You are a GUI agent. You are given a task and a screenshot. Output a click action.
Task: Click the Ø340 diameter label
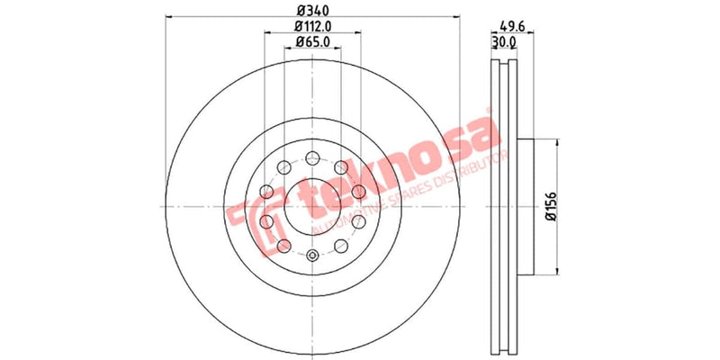coord(312,10)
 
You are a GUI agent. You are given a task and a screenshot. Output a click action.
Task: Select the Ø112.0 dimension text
coord(312,27)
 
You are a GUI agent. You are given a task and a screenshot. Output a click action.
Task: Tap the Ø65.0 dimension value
coord(312,42)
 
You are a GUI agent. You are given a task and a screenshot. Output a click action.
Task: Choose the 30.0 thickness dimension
coord(503,42)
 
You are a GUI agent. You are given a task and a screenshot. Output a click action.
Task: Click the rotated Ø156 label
coord(551,206)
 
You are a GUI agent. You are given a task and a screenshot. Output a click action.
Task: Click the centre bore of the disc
coord(312,206)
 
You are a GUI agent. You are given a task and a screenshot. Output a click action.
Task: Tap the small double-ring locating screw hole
coord(312,256)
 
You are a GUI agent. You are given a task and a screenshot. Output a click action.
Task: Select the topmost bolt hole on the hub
coord(312,156)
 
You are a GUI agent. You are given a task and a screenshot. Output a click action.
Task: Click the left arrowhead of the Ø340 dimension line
coord(169,19)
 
